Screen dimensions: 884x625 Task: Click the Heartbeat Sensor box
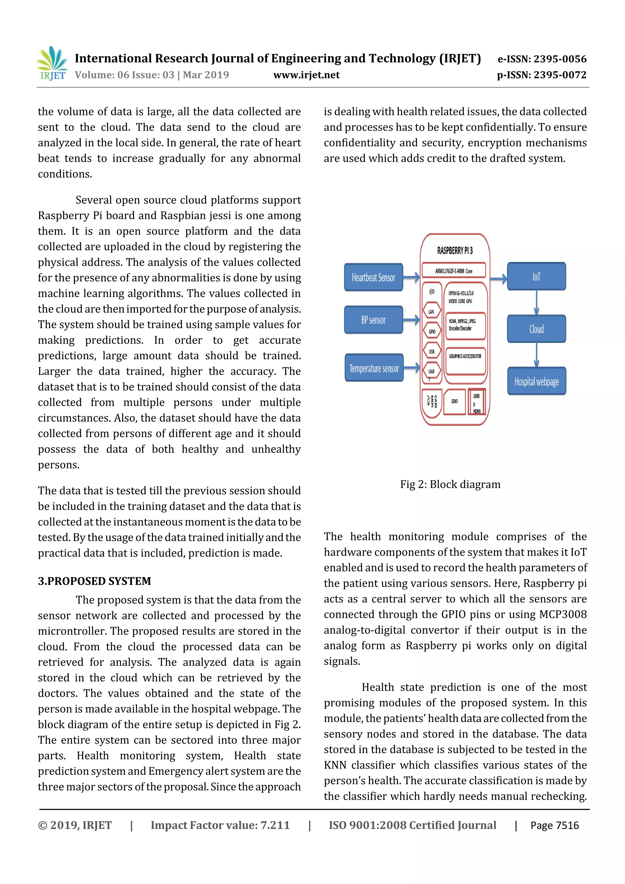373,277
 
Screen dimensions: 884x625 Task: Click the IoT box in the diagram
536,276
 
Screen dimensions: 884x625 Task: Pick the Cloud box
536,329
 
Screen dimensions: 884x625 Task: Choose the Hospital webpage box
536,381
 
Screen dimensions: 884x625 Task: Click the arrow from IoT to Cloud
536,303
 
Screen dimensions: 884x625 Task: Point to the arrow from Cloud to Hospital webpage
536,355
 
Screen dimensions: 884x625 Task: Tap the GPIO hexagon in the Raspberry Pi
432,331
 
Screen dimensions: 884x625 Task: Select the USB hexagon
432,352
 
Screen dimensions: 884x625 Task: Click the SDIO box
454,401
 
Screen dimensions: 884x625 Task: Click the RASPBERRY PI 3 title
455,251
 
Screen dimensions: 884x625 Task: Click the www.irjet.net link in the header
306,75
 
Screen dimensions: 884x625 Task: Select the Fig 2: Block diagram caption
450,484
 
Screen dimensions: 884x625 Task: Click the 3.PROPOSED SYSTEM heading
94,581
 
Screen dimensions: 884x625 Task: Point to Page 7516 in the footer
554,825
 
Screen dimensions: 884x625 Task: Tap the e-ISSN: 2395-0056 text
542,59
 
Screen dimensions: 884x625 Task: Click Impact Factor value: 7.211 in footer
220,825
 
